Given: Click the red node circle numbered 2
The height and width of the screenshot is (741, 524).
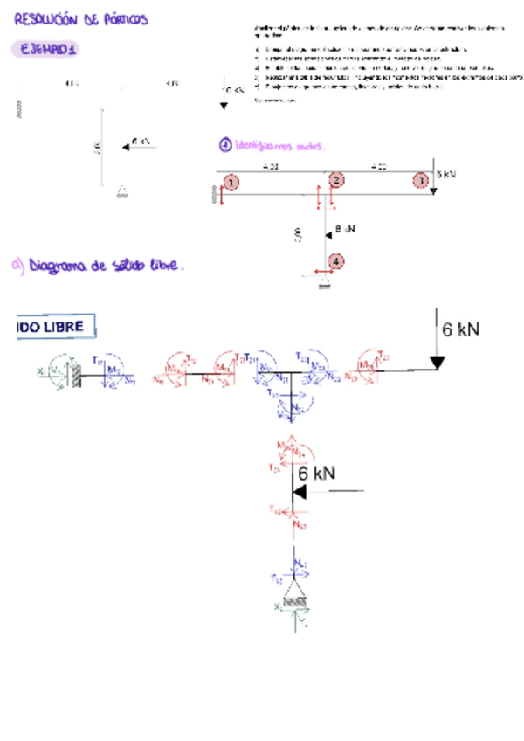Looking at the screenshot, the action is pos(335,181).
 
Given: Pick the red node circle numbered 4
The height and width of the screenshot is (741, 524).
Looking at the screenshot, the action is pos(336,260).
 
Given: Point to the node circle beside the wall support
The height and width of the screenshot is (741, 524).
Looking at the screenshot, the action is pos(231,182).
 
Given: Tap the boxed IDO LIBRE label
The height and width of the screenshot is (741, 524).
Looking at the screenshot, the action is pos(55,327).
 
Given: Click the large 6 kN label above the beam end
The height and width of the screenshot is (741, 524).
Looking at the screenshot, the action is pos(461,329).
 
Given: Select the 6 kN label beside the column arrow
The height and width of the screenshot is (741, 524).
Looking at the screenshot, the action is pos(315,474).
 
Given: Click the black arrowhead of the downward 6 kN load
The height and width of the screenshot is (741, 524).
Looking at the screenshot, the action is pos(437,362).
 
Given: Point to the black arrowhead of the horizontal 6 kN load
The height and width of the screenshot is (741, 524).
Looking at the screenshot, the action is pos(299,492).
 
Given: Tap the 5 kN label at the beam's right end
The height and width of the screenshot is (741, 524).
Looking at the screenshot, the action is pos(446,174).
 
